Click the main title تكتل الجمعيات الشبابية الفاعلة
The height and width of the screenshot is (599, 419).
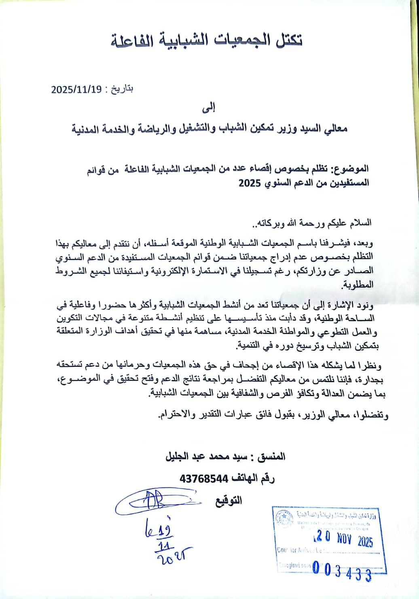(207, 40)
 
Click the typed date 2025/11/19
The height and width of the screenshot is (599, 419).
(76, 89)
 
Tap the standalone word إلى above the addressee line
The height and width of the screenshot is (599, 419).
(209, 108)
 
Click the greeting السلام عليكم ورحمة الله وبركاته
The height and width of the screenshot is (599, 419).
(311, 223)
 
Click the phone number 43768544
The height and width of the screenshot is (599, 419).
(204, 479)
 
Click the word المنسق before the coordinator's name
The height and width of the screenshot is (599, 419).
(271, 457)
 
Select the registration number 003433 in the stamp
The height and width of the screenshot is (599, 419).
(342, 570)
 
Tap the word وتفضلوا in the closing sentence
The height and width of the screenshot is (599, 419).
(372, 415)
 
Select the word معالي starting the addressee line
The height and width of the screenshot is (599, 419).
(335, 129)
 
